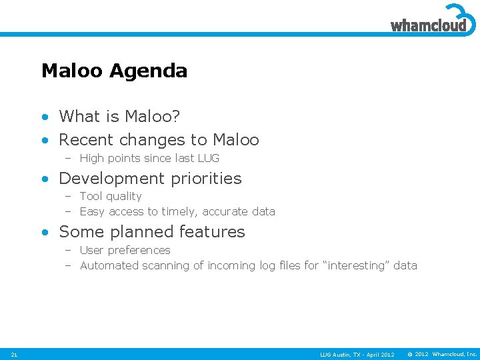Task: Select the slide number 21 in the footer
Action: click(14, 354)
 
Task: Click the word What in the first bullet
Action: click(78, 117)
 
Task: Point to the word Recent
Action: click(84, 140)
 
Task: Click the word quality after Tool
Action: click(124, 197)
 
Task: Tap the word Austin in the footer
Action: click(341, 354)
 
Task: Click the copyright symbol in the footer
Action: click(409, 354)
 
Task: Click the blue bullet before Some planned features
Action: click(45, 233)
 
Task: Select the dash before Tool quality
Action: click(68, 197)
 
